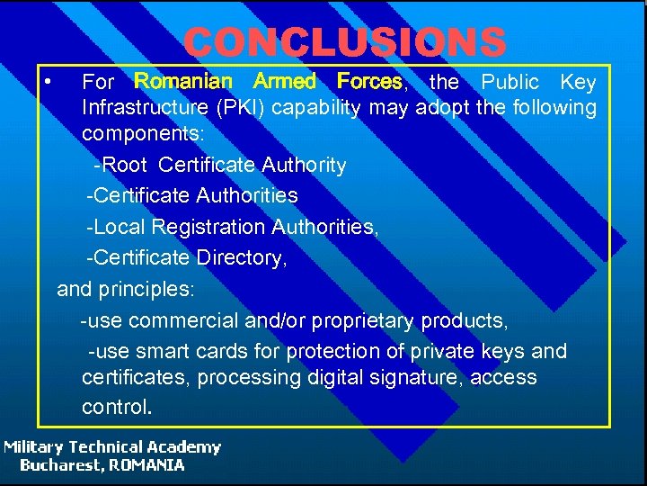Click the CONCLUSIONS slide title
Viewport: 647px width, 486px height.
345,41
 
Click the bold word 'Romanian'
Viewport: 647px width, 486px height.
182,82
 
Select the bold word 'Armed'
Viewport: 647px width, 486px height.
285,82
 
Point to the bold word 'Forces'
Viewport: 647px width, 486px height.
369,82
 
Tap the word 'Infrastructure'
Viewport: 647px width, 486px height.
146,109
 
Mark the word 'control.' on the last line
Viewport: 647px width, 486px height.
117,407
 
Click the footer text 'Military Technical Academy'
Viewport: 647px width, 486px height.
111,447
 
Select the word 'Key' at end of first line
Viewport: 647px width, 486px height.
578,82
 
